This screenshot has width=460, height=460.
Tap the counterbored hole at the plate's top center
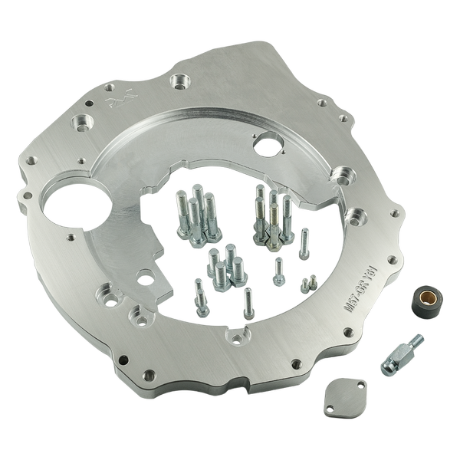[181, 80]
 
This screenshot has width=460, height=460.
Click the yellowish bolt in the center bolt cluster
[261, 216]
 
